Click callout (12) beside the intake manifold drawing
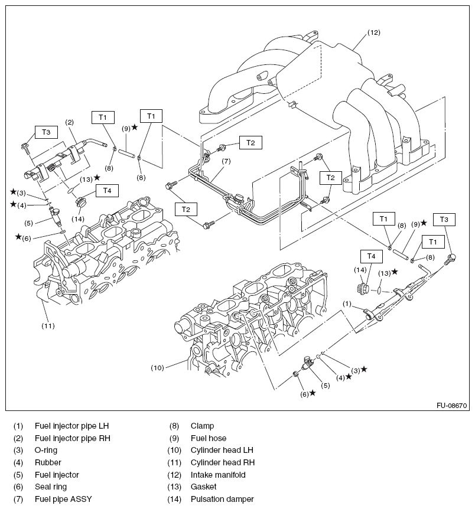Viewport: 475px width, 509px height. coord(375,32)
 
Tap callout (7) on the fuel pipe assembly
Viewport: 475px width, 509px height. coord(226,161)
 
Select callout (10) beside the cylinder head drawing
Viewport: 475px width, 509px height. coord(157,367)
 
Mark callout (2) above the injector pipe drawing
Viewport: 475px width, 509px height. coord(69,123)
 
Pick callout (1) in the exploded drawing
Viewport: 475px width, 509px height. coord(347,304)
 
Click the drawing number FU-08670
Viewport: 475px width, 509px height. coord(452,406)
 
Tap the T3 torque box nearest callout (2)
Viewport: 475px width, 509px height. coord(45,132)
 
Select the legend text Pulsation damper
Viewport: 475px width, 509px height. coord(222,499)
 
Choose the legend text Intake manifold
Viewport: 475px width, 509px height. coord(217,474)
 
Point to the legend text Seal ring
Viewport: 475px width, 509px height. coord(51,487)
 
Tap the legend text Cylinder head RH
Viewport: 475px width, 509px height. coord(222,462)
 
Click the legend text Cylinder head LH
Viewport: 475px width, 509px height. coord(222,450)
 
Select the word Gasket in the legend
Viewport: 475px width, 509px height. coord(203,487)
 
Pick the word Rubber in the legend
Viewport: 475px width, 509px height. coord(48,462)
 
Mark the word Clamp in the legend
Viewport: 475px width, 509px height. coord(202,425)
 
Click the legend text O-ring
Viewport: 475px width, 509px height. coord(47,450)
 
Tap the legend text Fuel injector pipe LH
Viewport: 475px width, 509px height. coord(72,425)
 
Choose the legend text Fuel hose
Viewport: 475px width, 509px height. coord(208,438)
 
